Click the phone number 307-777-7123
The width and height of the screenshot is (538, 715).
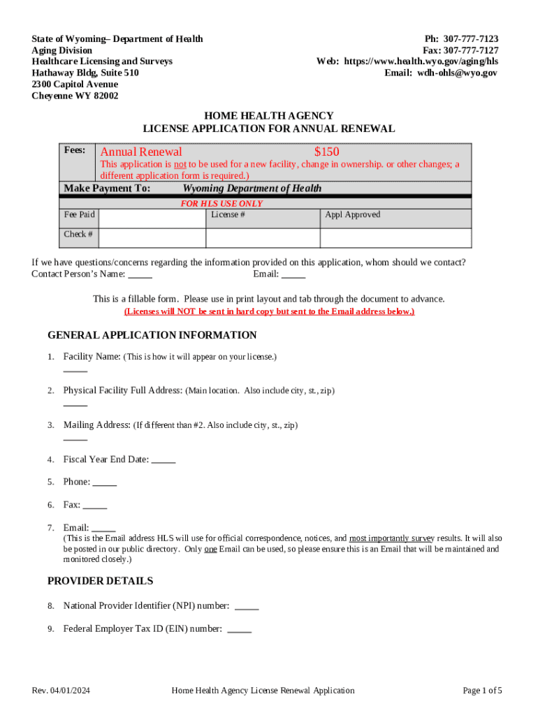471,39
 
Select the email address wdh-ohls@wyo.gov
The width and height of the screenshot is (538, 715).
458,73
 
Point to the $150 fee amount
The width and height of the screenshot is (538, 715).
326,152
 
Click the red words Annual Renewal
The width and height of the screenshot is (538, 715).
141,152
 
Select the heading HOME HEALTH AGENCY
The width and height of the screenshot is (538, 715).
268,116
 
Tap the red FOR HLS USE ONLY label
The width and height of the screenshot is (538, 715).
221,204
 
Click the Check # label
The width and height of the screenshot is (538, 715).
78,235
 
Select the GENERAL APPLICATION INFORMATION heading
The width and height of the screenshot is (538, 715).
152,335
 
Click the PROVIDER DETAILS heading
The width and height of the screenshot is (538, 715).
100,581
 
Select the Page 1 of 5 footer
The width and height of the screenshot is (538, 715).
482,691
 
